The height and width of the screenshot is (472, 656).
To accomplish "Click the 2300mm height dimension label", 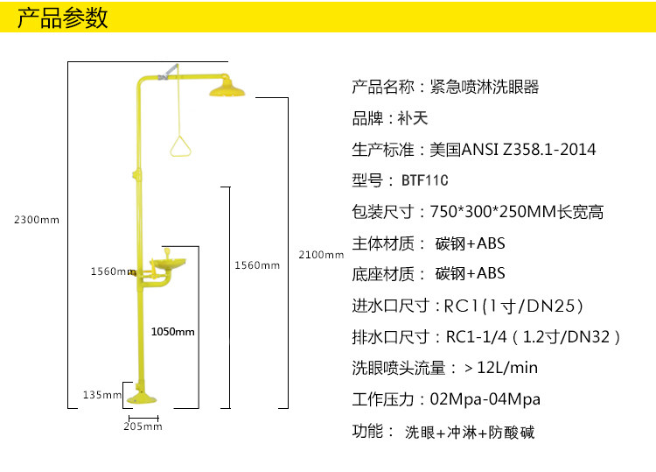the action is coord(37,220).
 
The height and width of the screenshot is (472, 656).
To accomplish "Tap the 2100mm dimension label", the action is coord(321,255).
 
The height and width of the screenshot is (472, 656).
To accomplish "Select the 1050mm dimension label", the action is coord(173,332).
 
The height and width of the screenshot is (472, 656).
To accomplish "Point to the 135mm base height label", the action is coord(102,395).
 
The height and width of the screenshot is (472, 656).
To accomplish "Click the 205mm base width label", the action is coord(143,426).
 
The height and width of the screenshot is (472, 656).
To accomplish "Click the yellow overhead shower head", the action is coord(227,88).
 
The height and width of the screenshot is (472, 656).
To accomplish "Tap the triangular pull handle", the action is coord(180,145).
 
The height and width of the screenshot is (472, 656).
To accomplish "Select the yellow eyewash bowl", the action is coord(167,263).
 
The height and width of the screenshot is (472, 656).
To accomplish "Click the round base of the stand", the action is coord(142,398).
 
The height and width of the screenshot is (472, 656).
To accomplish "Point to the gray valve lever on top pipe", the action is coord(168,72).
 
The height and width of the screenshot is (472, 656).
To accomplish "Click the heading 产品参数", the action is coord(63,18).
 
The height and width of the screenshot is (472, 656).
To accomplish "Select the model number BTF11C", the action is coord(424,180).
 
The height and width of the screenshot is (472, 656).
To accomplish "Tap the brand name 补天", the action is coord(413,118).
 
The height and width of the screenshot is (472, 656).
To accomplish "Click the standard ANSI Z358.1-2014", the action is coord(528,150).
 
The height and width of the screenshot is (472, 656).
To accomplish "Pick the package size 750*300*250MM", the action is coord(493,212).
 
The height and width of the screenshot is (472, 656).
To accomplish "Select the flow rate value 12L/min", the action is coord(507,368).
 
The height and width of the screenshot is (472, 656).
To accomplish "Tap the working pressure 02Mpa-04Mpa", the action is coord(485,399).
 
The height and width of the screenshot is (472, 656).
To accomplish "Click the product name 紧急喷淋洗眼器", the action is coord(485,87).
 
